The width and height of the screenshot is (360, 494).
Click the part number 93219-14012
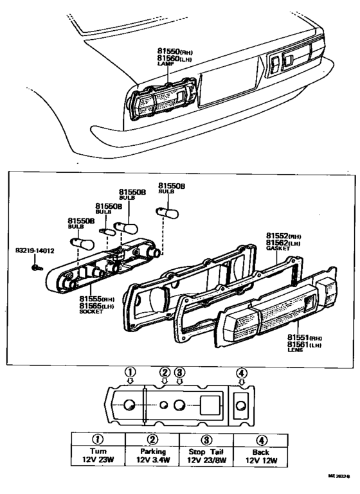pos(35,251)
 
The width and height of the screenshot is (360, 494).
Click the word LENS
pos(296,351)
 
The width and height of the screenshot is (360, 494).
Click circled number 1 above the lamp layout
pos(130,371)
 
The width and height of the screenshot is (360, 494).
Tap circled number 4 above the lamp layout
pos(241,372)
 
